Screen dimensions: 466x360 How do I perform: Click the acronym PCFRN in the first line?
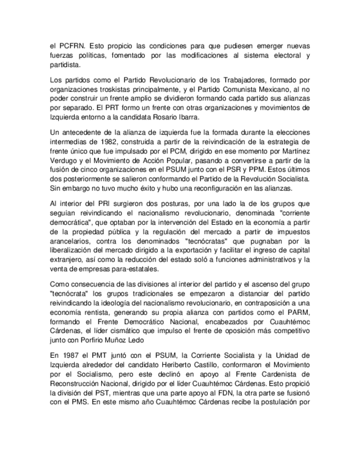pos(67,46)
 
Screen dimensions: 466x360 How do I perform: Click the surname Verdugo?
pos(64,168)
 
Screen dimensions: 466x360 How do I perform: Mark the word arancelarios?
pos(70,244)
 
